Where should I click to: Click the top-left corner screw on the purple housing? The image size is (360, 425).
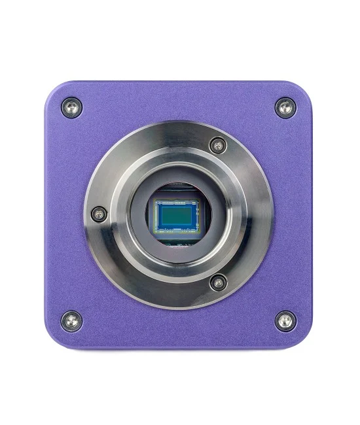pyautogui.click(x=71, y=107)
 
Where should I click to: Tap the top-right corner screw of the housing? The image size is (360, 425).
pyautogui.click(x=285, y=107)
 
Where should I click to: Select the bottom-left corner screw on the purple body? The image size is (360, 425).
pyautogui.click(x=71, y=320)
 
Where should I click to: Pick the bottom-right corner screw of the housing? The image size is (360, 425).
pyautogui.click(x=285, y=320)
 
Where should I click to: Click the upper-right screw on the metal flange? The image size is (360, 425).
pyautogui.click(x=218, y=145)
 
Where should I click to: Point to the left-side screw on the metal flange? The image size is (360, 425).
pyautogui.click(x=99, y=212)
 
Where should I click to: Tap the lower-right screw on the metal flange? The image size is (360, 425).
pyautogui.click(x=218, y=282)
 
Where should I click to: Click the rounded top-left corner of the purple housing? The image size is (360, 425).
pyautogui.click(x=52, y=88)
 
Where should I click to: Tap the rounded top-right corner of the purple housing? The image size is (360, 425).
pyautogui.click(x=304, y=88)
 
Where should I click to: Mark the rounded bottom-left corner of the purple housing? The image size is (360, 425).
pyautogui.click(x=52, y=339)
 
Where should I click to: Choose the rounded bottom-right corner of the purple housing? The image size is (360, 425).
pyautogui.click(x=304, y=339)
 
